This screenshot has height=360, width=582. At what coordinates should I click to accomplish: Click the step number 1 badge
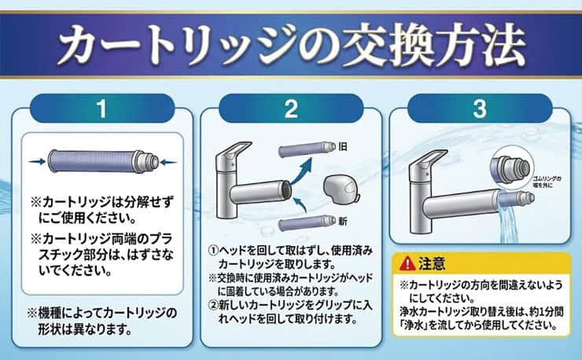point(101,108)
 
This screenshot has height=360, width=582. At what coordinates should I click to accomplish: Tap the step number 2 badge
point(291,108)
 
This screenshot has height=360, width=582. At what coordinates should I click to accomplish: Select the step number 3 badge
point(480,108)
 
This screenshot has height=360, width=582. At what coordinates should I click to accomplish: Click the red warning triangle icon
point(407,263)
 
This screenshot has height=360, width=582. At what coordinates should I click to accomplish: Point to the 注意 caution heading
point(432,263)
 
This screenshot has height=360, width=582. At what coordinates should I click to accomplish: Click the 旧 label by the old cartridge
point(343,147)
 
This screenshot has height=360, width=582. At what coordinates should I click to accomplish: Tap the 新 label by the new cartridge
point(343,222)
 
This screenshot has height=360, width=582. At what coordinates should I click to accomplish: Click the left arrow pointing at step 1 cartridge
point(37,161)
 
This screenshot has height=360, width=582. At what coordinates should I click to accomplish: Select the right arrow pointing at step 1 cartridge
point(168,162)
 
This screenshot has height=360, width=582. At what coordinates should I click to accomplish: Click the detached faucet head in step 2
point(341,189)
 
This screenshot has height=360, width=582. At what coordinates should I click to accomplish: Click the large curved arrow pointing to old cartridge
point(300,171)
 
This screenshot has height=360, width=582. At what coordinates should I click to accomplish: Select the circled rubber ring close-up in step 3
point(512,167)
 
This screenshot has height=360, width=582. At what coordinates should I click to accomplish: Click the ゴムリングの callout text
point(547,179)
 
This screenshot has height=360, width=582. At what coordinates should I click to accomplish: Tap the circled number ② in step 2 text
point(212,305)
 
